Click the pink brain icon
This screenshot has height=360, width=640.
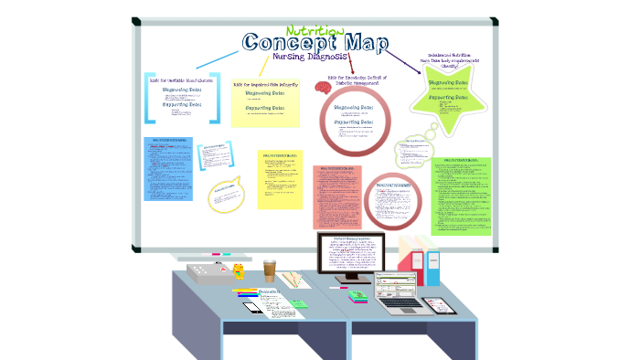pyautogui.click(x=322, y=87)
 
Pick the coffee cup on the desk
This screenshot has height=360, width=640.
pyautogui.click(x=270, y=270)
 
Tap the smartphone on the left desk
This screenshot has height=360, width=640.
pyautogui.click(x=253, y=307)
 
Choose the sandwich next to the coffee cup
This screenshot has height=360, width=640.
pyautogui.click(x=293, y=278)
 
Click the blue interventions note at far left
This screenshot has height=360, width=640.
pyautogui.click(x=167, y=168)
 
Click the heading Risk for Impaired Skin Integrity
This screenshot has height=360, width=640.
pyautogui.click(x=264, y=85)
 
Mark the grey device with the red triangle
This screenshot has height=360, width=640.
pyautogui.click(x=208, y=271)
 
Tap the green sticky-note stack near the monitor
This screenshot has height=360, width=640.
pyautogui.click(x=359, y=294)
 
